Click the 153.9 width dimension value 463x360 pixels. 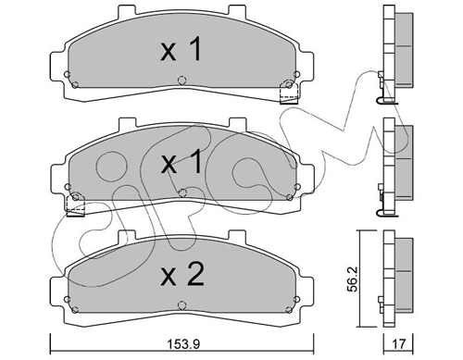183,343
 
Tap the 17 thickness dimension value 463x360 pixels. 398,343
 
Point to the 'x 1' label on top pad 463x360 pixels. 181,49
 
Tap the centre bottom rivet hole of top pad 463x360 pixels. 182,81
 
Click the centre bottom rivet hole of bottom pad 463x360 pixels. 182,305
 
